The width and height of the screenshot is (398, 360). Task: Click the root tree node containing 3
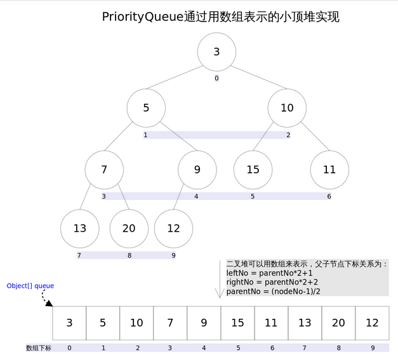[x=216, y=51]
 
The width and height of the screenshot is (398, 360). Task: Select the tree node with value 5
[x=145, y=107]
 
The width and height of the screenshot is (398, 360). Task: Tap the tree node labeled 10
[x=287, y=107]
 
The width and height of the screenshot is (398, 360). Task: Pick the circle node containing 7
[x=104, y=170]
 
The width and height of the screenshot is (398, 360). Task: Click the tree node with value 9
[x=197, y=170]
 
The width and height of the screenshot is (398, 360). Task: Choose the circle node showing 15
[x=253, y=170]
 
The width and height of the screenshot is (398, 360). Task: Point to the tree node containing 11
[x=329, y=170]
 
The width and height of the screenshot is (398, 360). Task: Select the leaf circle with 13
[x=79, y=228]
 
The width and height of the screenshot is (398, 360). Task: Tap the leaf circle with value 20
[x=129, y=228]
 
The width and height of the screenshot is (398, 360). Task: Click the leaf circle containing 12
[x=173, y=228]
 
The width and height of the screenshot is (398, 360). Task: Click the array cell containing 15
[x=237, y=323]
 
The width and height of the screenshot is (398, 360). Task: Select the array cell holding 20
[x=338, y=323]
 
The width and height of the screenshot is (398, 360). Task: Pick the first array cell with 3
[x=69, y=323]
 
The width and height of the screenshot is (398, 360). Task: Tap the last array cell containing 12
[x=372, y=323]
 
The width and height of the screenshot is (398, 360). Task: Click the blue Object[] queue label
[x=30, y=286]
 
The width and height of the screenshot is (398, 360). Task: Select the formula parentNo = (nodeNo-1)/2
[x=273, y=291]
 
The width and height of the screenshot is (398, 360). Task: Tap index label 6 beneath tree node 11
[x=329, y=197]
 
